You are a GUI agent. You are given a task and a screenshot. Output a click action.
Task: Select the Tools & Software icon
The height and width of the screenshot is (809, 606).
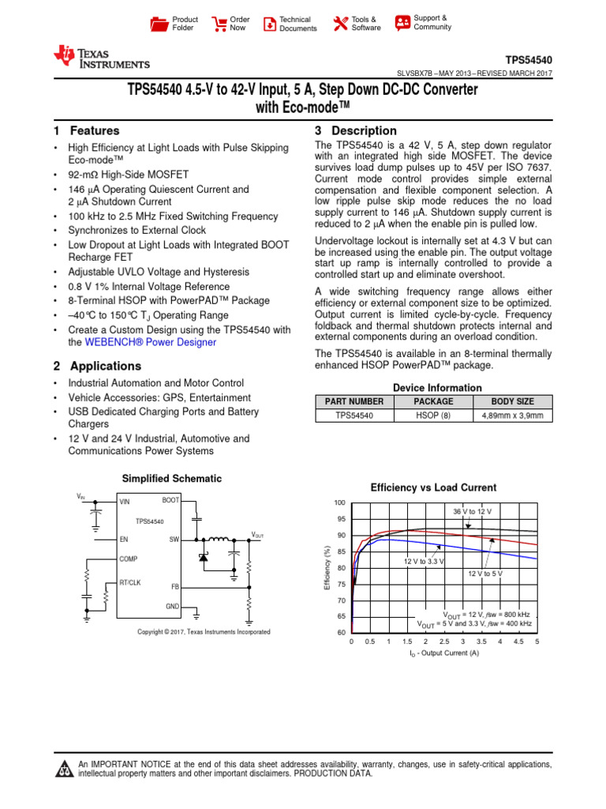click(x=340, y=24)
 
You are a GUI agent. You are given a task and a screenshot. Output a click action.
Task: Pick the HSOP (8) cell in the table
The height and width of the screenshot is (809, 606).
click(x=432, y=414)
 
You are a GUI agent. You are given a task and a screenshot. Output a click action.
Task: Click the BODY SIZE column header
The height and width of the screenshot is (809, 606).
click(x=512, y=401)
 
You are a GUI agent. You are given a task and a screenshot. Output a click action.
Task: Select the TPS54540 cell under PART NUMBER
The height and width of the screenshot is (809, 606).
click(x=354, y=414)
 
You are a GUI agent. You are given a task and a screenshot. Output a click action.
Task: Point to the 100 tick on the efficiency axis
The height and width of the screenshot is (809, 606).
click(x=339, y=503)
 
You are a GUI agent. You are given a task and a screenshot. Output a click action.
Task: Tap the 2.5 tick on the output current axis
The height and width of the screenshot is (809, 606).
click(x=444, y=642)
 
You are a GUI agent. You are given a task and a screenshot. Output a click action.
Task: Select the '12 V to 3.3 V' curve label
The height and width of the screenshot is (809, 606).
click(x=423, y=561)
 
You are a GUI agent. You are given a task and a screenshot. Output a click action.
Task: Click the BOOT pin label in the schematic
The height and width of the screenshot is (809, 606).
click(x=170, y=500)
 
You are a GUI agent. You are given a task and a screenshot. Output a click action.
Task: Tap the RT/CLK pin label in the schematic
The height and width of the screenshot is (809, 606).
click(x=130, y=581)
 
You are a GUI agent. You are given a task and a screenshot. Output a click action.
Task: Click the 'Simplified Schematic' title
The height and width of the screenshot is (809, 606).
click(x=171, y=479)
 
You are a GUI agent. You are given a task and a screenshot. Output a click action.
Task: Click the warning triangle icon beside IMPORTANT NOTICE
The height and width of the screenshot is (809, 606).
click(x=62, y=769)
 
